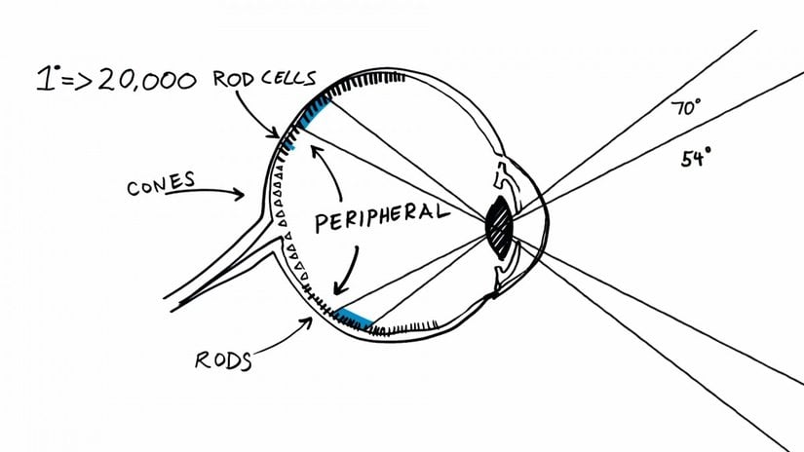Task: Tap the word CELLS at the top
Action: tap(294, 79)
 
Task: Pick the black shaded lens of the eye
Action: tap(499, 227)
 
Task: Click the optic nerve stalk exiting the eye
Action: tap(214, 267)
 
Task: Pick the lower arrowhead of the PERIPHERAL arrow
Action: tap(340, 286)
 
